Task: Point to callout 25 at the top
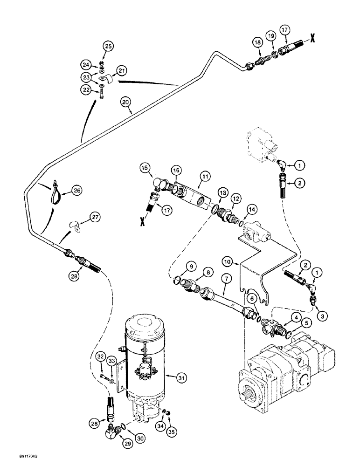[108, 46]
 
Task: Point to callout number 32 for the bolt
[101, 357]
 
